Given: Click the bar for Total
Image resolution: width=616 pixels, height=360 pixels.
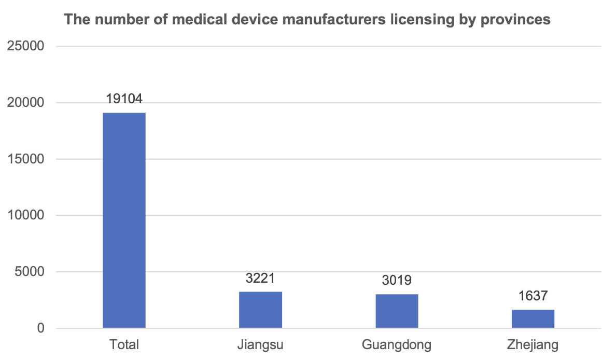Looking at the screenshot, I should [x=124, y=220].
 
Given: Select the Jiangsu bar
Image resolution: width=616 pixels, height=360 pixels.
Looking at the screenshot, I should [x=260, y=310].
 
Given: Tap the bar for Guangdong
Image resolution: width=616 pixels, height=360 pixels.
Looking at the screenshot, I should [x=397, y=311].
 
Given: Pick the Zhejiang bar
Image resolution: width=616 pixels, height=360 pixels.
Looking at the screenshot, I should [x=533, y=319].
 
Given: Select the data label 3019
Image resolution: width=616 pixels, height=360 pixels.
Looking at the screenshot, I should [x=397, y=281].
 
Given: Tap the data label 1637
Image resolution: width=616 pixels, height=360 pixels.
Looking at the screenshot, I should [x=533, y=296].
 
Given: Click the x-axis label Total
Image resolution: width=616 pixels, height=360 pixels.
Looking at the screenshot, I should [x=124, y=345].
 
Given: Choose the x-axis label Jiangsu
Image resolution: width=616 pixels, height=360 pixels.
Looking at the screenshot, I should [x=260, y=345].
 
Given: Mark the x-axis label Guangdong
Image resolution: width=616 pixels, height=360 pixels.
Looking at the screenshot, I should [x=397, y=345].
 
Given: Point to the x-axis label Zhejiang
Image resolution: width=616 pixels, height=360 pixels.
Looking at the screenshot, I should [x=533, y=345].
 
